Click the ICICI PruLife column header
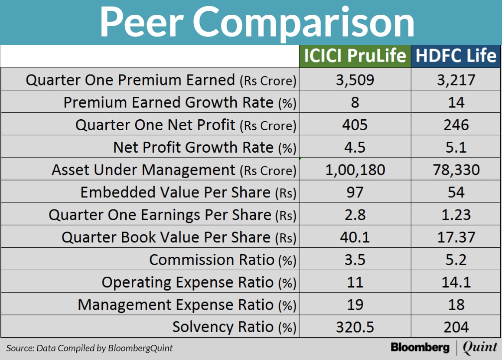pyautogui.click(x=355, y=56)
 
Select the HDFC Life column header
pyautogui.click(x=456, y=56)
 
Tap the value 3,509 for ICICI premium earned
pyautogui.click(x=355, y=80)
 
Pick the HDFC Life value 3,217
pyautogui.click(x=456, y=80)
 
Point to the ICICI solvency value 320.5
pyautogui.click(x=355, y=327)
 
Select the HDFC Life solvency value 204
pyautogui.click(x=456, y=327)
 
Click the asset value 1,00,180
pyautogui.click(x=355, y=170)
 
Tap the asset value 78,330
pyautogui.click(x=456, y=170)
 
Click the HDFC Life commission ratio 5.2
pyautogui.click(x=456, y=260)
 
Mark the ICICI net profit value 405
pyautogui.click(x=355, y=125)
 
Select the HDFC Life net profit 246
pyautogui.click(x=456, y=125)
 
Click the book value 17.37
pyautogui.click(x=456, y=237)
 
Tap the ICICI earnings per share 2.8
pyautogui.click(x=355, y=215)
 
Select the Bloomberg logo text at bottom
pyautogui.click(x=420, y=347)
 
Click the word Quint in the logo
pyautogui.click(x=479, y=347)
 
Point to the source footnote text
pyautogui.click(x=89, y=348)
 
